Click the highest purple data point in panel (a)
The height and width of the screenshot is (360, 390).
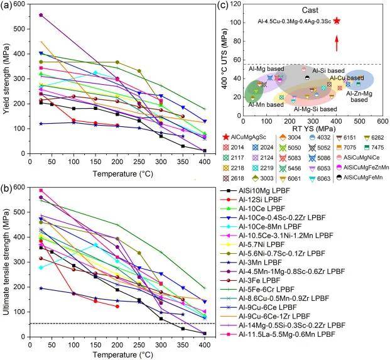(41, 14)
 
